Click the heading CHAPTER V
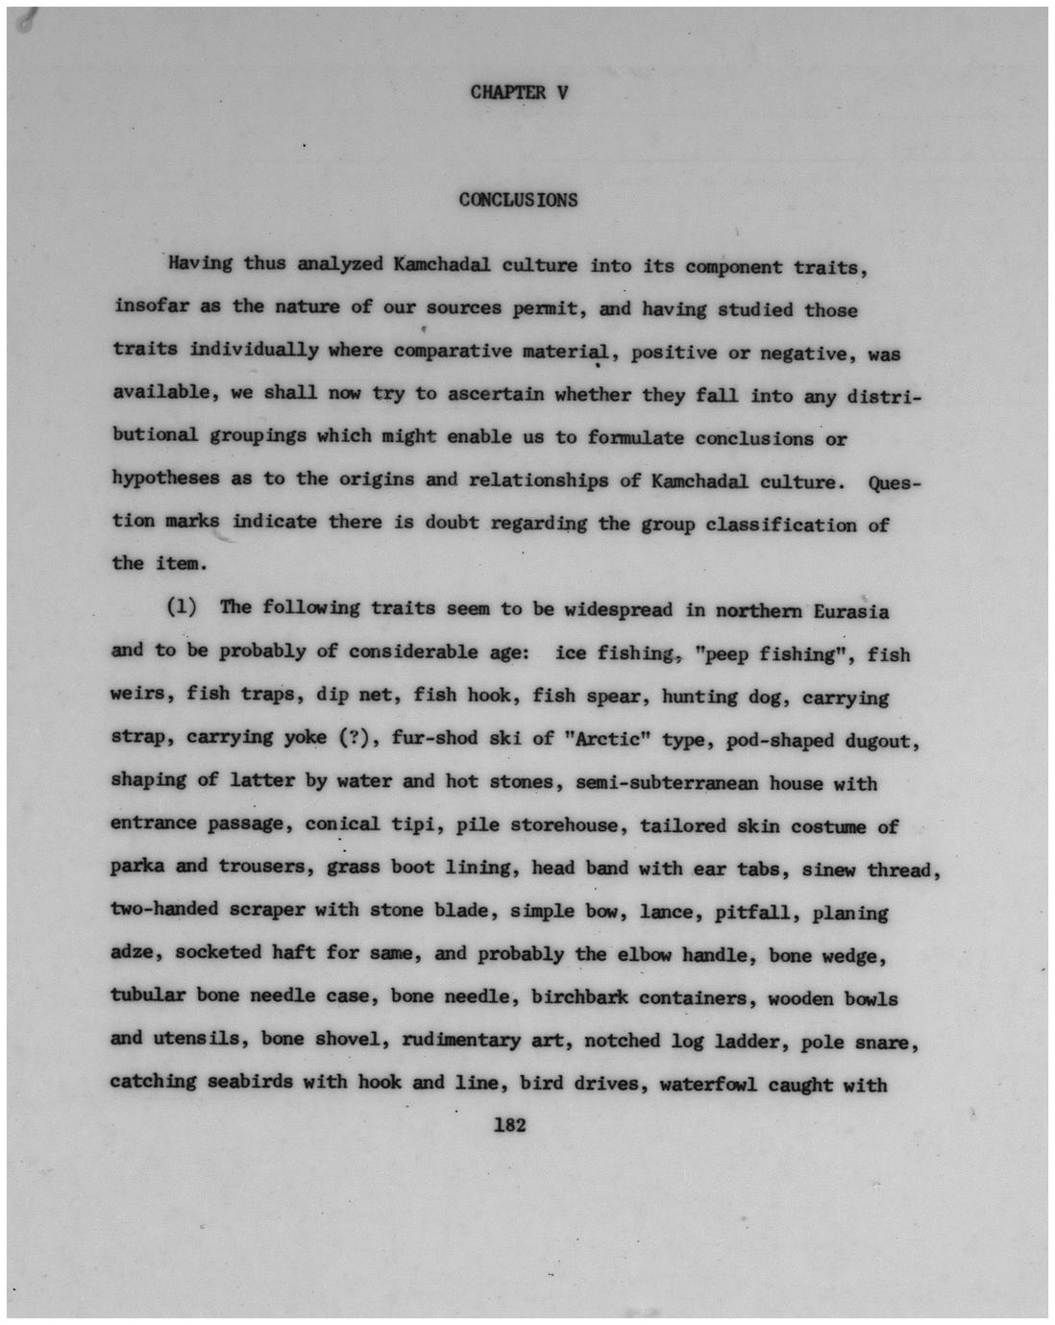coord(519,93)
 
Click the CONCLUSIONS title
coord(518,200)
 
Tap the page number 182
coord(509,1124)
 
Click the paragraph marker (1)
coord(182,607)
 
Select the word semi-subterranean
coord(666,783)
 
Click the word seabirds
coord(250,1082)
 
